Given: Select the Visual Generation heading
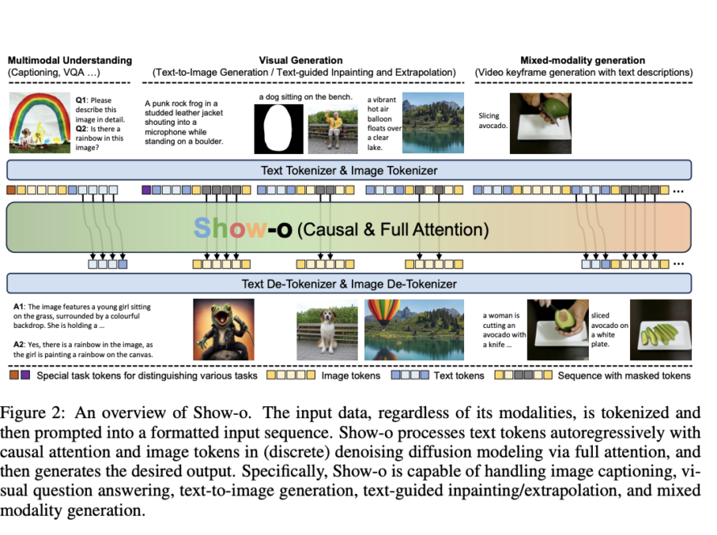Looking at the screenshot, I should tap(300, 60).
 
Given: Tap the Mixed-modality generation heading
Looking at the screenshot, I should tap(582, 60).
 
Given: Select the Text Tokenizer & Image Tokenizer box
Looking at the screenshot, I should tap(349, 170).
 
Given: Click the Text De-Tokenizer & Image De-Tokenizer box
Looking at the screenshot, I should tap(349, 283).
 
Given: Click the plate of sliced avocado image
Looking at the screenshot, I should tap(661, 329).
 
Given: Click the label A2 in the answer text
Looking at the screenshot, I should tap(20, 343).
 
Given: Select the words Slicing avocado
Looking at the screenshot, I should tap(493, 122).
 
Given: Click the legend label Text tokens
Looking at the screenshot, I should tap(460, 375).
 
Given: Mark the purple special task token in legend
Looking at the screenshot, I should tap(26, 375).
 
